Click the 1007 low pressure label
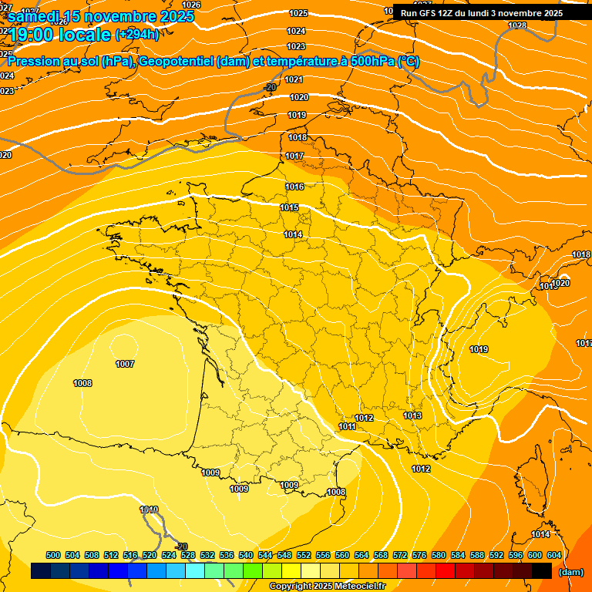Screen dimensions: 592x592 125,364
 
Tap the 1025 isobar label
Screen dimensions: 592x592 298,13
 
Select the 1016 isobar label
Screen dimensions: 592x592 294,187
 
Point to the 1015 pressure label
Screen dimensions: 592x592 290,208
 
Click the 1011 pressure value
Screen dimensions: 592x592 347,426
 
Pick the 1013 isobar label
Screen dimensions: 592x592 412,416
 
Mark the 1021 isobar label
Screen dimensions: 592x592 294,79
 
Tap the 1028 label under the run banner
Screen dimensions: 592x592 517,25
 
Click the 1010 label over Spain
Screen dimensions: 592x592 149,510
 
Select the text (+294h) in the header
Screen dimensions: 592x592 136,34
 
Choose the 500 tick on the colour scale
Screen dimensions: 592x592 53,555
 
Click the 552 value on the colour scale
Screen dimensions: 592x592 304,555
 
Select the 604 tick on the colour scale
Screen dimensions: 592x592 554,555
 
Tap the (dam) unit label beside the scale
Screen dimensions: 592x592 571,572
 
